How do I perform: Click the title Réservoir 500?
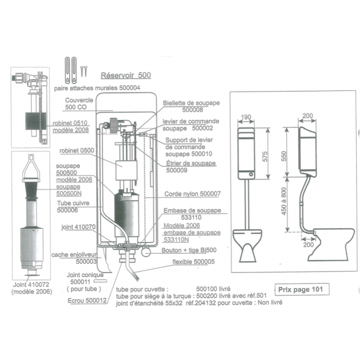coord(126,75)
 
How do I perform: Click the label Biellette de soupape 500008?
coord(190,106)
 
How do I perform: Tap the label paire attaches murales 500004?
coord(97,88)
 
